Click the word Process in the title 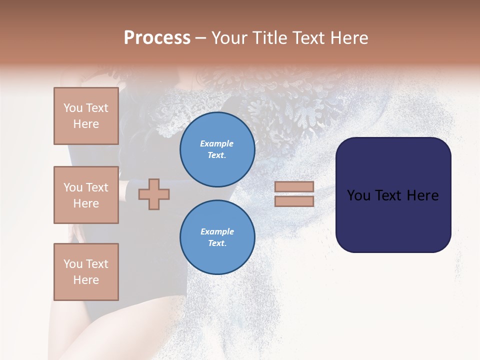pos(157,38)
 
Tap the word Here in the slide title pos(348,38)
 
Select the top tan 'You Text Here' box pos(86,116)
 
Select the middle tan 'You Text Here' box pos(86,195)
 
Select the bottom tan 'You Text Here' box pos(86,271)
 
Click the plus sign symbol pos(154,194)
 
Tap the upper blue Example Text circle pos(217,149)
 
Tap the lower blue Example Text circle pos(217,237)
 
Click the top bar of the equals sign pos(294,186)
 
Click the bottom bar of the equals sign pos(294,201)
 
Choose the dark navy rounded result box pos(393,220)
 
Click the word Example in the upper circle pos(217,143)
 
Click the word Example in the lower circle pos(217,231)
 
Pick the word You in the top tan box pos(72,108)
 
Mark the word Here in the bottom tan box pos(86,280)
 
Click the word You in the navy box pos(358,195)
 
